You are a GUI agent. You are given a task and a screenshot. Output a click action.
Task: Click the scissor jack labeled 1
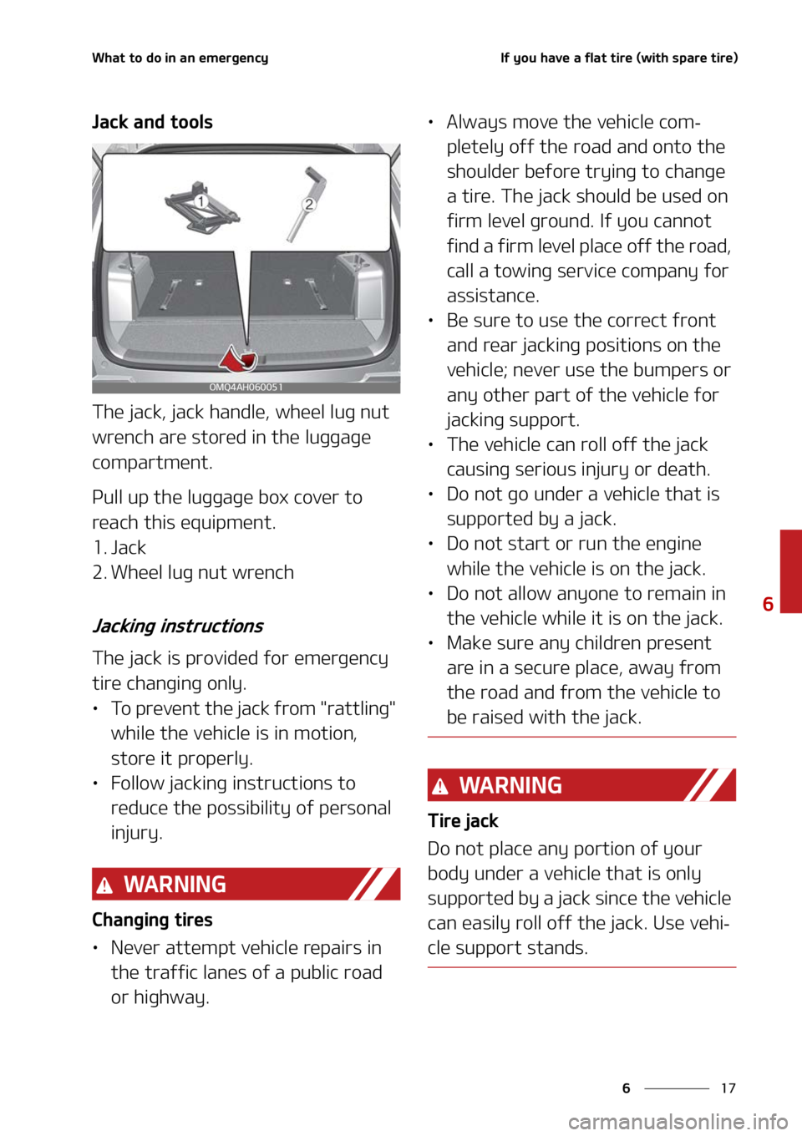200,208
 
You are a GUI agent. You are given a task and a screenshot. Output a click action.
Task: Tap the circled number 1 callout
200,201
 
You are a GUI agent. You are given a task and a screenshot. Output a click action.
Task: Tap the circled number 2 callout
309,204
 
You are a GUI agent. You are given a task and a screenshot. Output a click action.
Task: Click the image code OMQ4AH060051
246,388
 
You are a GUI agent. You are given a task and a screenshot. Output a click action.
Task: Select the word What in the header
108,58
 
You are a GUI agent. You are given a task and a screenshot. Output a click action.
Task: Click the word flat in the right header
596,58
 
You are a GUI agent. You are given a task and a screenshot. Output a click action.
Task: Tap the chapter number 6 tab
768,603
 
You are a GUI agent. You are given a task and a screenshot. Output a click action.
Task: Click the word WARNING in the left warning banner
175,885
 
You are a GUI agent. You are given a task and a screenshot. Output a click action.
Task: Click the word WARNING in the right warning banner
510,785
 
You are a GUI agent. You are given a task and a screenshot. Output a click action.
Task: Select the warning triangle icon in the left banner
104,885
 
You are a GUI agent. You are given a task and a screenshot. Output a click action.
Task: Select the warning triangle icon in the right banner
440,786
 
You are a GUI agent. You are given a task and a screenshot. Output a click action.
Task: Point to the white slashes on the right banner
708,785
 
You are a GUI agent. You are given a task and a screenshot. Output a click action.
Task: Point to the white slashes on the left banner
373,885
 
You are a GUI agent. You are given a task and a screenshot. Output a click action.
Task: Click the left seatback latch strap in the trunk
171,292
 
